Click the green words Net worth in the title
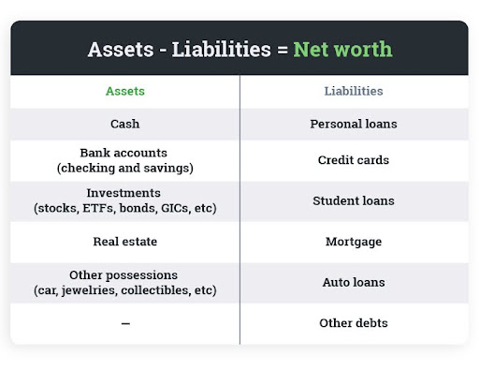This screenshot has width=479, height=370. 342,50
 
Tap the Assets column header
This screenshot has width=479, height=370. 124,92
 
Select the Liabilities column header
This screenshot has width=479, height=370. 353,92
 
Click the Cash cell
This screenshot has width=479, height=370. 124,124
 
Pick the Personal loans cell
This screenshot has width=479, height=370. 353,124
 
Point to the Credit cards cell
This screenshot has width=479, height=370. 353,160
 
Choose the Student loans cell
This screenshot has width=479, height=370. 353,200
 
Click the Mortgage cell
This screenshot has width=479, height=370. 353,242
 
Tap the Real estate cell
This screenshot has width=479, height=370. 124,242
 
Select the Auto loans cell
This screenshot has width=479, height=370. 353,282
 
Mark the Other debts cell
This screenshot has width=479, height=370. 353,323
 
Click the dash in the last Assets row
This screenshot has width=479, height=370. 124,323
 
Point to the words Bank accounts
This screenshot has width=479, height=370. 124,153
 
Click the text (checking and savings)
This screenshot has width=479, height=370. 124,168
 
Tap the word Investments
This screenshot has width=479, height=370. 124,193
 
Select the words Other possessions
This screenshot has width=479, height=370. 124,274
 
